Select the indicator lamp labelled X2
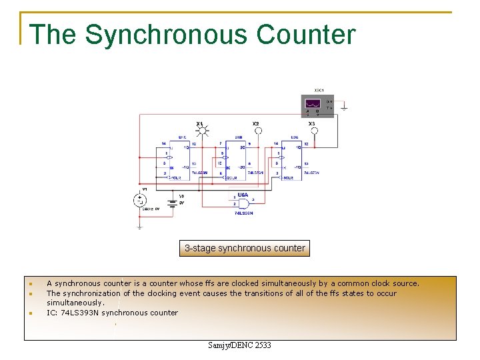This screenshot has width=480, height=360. click(257, 131)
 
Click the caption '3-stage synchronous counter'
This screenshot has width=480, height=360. click(245, 249)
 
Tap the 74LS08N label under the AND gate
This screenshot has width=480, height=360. click(244, 213)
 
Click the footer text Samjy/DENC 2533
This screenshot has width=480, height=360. click(239, 345)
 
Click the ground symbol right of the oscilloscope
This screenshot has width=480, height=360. click(343, 107)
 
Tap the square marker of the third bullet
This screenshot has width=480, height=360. click(31, 313)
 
